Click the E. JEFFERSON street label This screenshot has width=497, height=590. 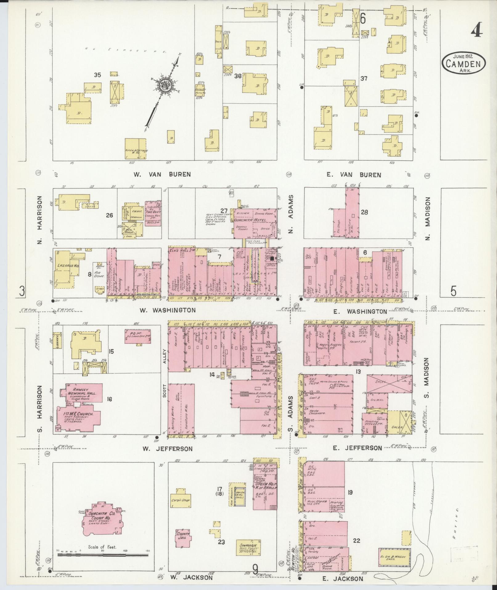click(358, 448)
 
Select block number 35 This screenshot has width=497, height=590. click(97, 75)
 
